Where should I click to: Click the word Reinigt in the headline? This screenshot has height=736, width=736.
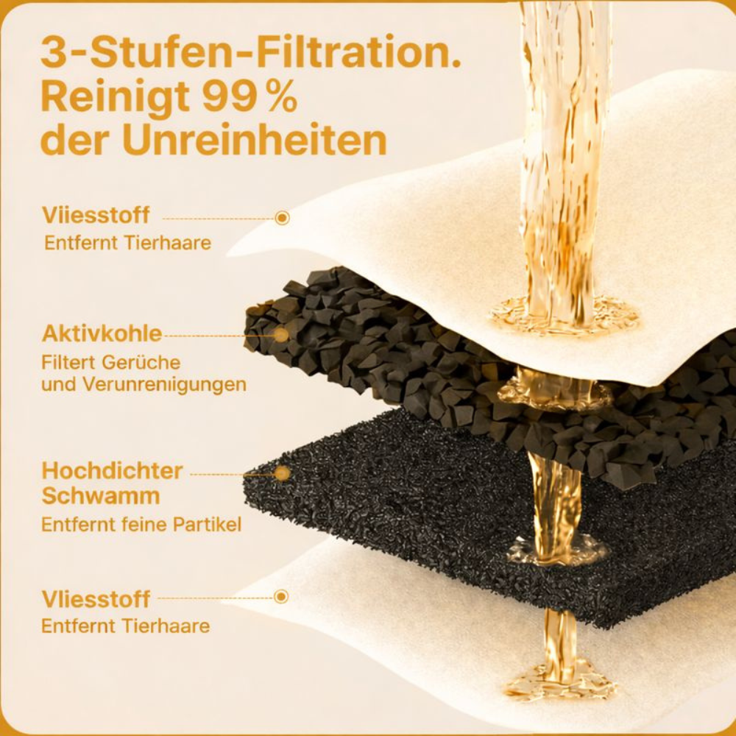coord(116,99)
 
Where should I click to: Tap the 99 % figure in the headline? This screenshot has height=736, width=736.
coord(250,96)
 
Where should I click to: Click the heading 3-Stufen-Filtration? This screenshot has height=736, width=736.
coord(251,52)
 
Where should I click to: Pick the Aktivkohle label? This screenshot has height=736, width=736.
coord(102,333)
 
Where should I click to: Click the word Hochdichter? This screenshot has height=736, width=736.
coord(112,471)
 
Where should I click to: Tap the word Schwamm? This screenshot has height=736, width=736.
coord(101,496)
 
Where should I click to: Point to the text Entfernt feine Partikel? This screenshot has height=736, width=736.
coord(141,524)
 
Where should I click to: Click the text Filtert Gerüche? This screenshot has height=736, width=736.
coord(111,363)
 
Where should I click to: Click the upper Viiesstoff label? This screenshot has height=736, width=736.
coord(96,215)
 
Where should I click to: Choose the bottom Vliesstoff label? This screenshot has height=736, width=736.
coord(96,599)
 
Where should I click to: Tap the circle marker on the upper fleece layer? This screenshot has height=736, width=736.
coord(282,218)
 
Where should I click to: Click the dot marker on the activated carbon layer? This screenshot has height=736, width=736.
coord(281,335)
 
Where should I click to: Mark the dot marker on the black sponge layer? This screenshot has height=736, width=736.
coord(282,473)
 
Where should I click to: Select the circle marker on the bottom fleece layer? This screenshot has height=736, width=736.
coord(280,597)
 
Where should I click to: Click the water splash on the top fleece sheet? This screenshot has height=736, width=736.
coord(563,314)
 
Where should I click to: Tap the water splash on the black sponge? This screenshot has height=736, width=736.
coord(556,549)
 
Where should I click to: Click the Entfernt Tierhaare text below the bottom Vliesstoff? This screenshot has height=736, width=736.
coord(126,626)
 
